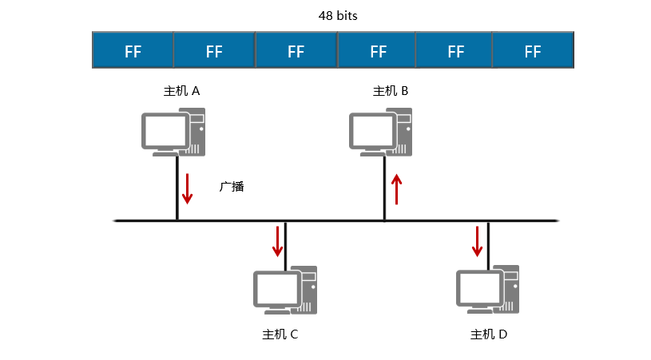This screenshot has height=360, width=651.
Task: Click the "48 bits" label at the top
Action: click(333, 15)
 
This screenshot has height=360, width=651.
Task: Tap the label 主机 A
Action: click(181, 91)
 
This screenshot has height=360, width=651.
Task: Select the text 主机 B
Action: click(391, 91)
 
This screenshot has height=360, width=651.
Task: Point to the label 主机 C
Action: click(280, 334)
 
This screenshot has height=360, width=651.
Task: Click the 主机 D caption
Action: click(489, 334)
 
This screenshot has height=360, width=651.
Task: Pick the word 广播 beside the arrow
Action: click(232, 187)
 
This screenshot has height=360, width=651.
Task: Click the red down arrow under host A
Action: click(188, 187)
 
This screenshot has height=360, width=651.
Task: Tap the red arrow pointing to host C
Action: click(278, 241)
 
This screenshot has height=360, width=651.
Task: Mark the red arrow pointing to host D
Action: click(478, 241)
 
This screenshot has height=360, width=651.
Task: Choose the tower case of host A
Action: click(196, 133)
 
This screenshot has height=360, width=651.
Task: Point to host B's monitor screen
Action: click(372, 129)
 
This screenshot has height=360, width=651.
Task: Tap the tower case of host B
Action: click(404, 133)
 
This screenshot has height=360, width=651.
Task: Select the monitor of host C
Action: click(276, 287)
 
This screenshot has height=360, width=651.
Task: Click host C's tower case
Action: click(308, 289)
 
